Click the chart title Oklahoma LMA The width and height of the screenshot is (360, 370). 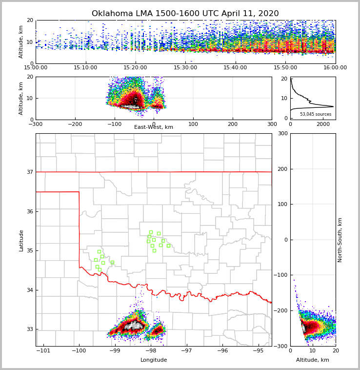(185, 14)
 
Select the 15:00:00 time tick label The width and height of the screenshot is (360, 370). (36, 68)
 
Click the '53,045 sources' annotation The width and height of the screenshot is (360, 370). (315, 114)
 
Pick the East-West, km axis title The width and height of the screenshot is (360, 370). (154, 127)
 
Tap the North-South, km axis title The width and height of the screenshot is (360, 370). (340, 240)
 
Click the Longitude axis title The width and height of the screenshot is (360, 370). (154, 360)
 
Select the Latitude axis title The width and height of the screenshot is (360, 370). (21, 240)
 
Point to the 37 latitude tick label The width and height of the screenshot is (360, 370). (29, 172)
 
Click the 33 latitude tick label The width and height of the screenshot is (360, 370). (29, 329)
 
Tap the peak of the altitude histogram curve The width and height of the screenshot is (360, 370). (334, 106)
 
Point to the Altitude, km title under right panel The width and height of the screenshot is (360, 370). (312, 360)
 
